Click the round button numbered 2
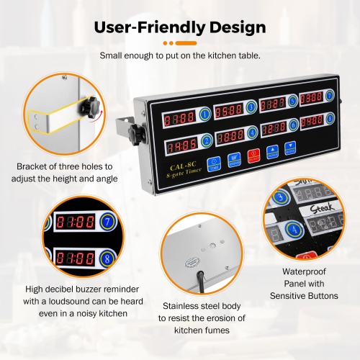click(x=207, y=140)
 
